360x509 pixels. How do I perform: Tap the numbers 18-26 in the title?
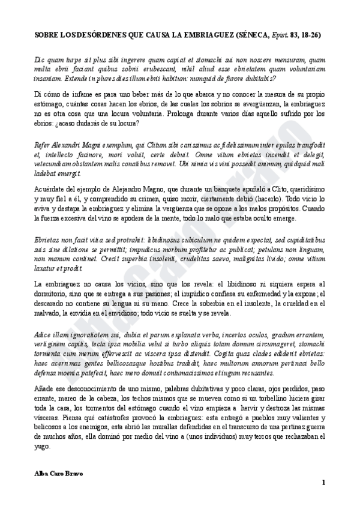pos(310,35)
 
